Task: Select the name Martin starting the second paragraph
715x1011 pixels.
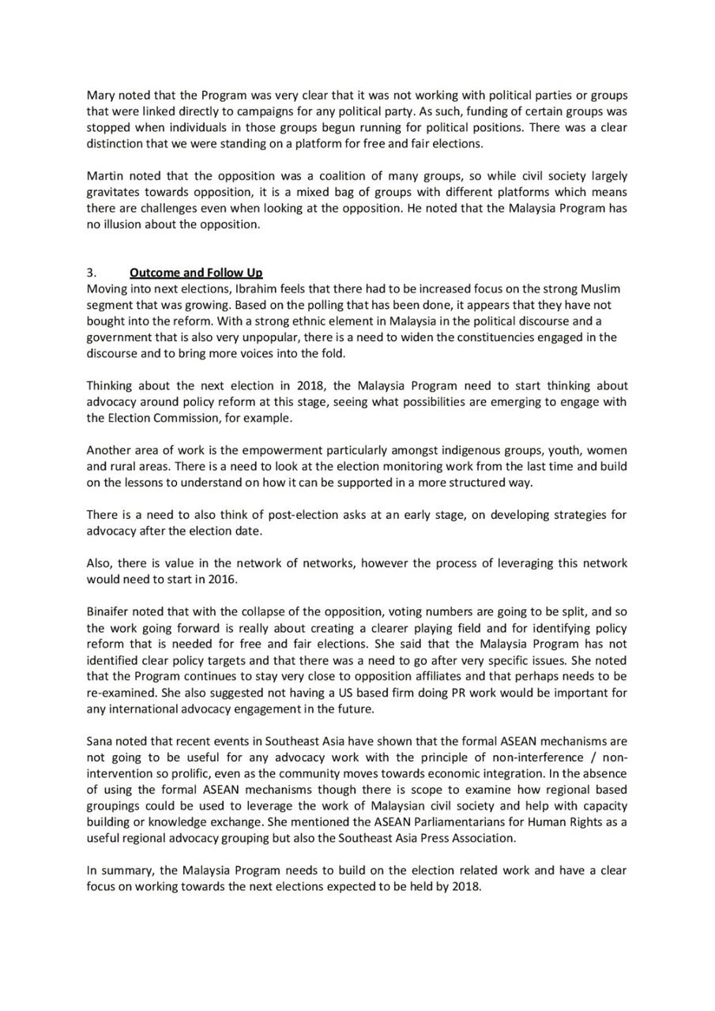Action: click(106, 176)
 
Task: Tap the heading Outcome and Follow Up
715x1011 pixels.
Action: click(196, 272)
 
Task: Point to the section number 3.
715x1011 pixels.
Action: click(91, 272)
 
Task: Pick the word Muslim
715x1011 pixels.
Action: click(605, 288)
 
